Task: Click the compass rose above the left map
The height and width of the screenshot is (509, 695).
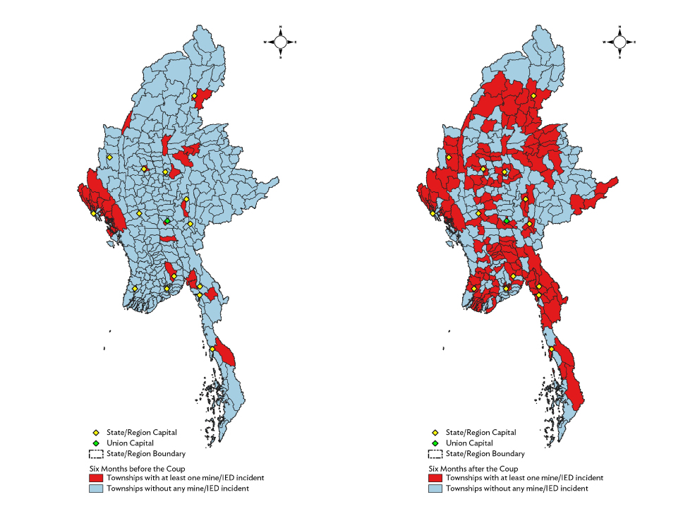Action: click(280, 42)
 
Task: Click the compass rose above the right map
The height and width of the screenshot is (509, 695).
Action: click(619, 42)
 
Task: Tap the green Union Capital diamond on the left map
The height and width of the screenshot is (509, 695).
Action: click(167, 221)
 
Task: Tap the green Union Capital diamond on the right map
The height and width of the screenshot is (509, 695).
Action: click(506, 221)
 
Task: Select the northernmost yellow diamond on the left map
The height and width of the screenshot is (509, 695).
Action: click(194, 96)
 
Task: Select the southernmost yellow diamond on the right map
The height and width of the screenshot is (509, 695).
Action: click(551, 349)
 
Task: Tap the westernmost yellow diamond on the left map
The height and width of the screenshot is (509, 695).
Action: click(93, 213)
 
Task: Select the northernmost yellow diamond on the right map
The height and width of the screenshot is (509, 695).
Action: click(533, 96)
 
